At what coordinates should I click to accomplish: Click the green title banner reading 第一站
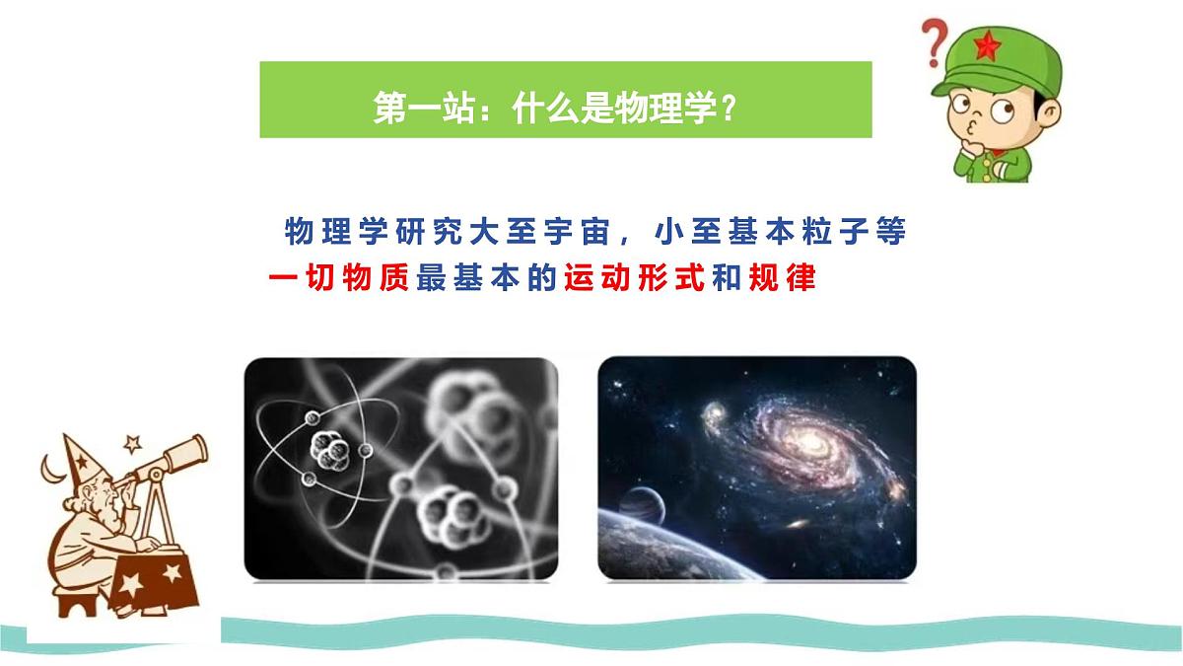(565, 100)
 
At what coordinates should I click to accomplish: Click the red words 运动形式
(633, 278)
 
